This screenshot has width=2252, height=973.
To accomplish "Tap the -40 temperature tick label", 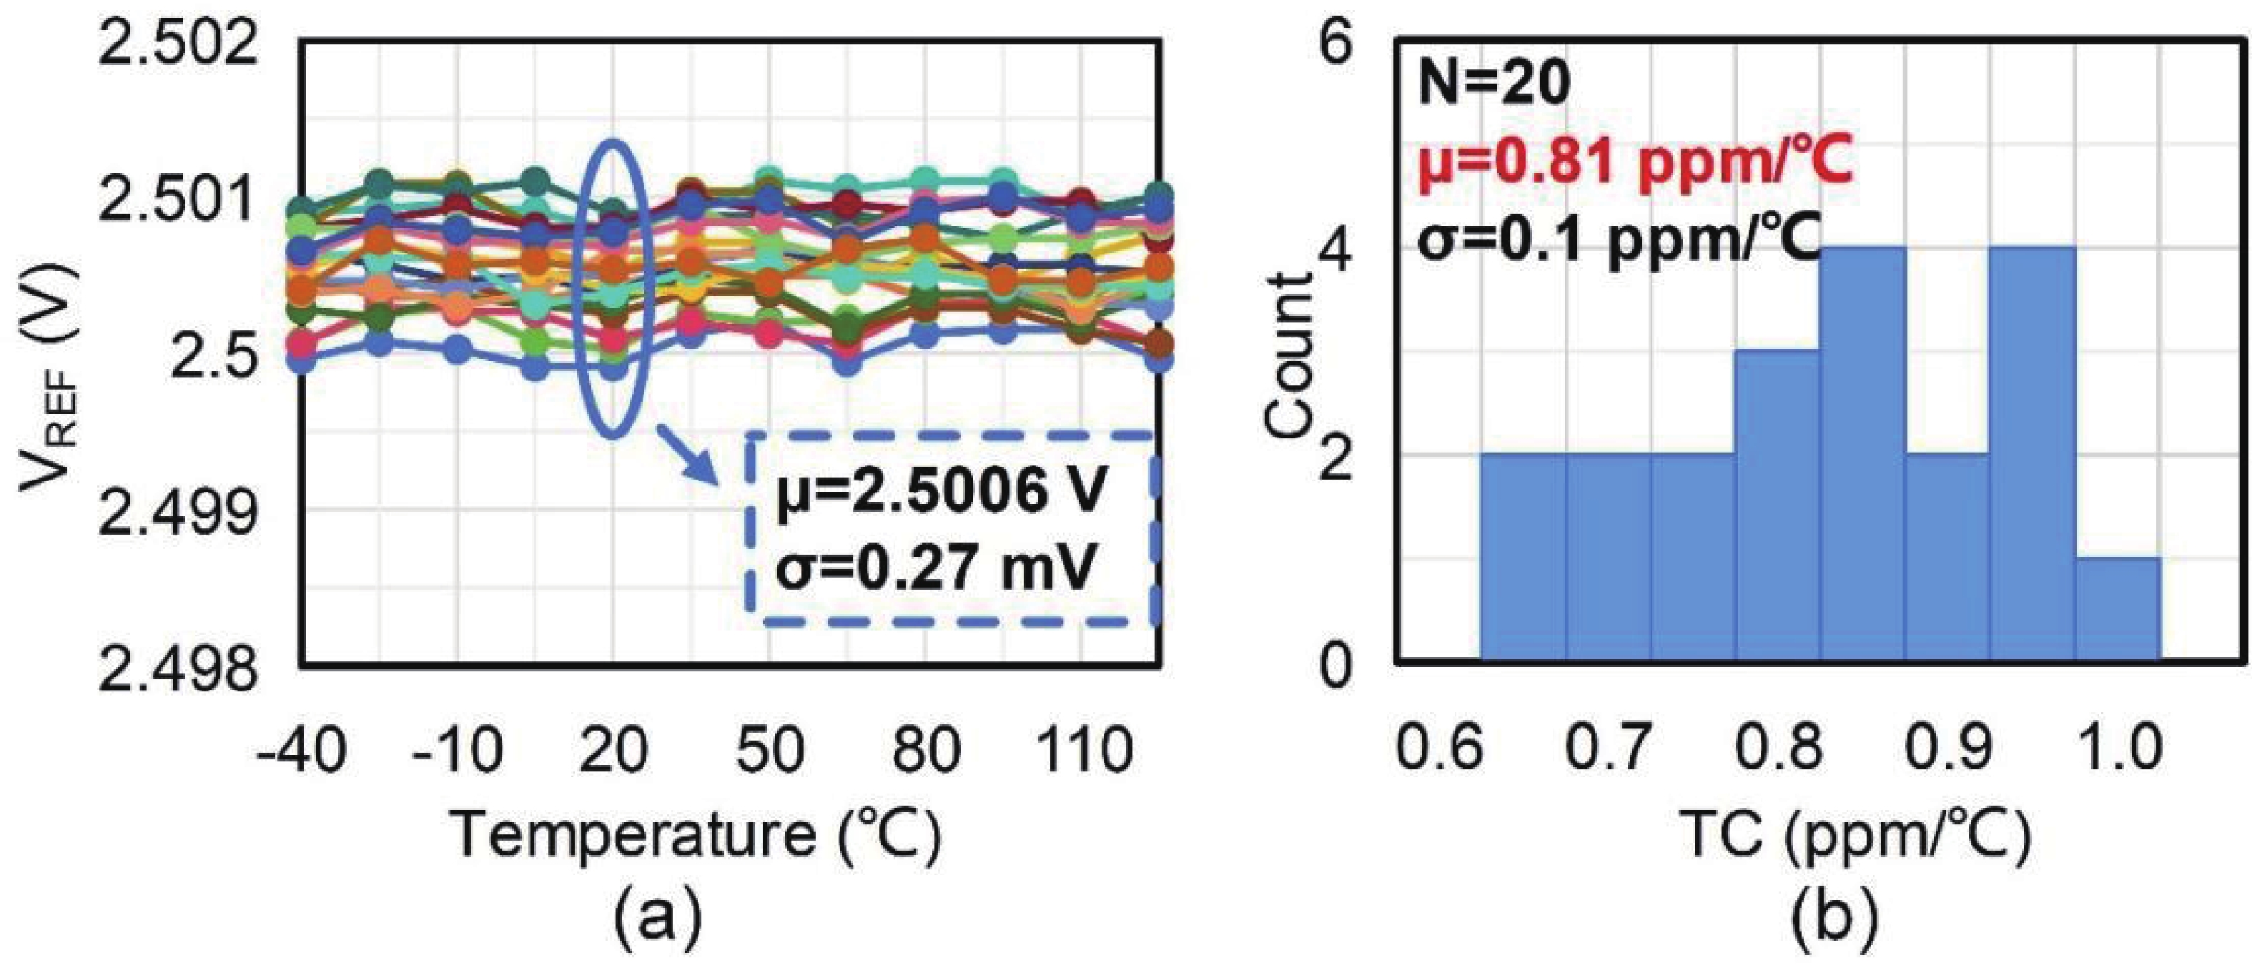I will [300, 749].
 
